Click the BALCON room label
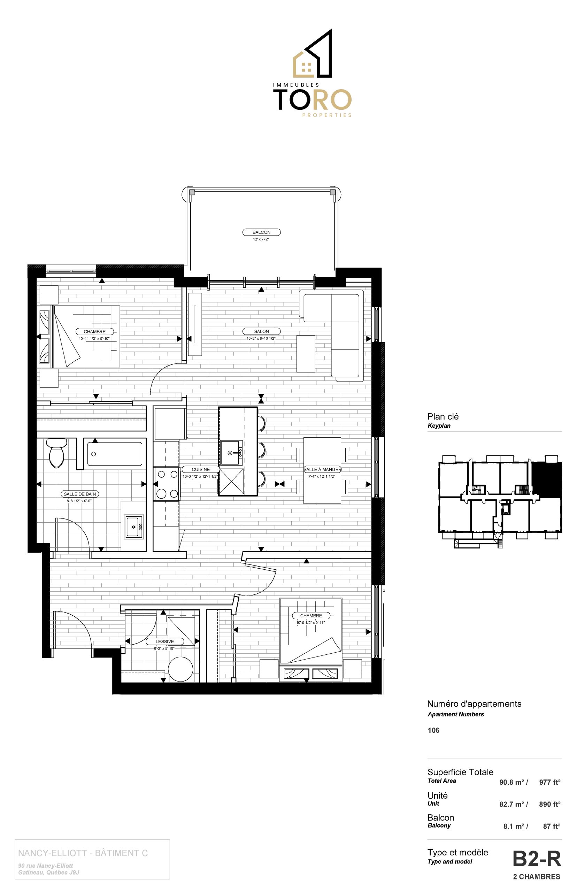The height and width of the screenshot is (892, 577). [261, 232]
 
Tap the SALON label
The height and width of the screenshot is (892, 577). [261, 331]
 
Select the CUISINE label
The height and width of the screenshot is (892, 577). [201, 469]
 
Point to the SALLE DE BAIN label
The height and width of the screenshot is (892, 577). [80, 494]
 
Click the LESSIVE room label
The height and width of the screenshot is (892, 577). [165, 641]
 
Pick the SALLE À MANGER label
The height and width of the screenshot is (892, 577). [322, 469]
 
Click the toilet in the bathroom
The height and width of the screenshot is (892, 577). [56, 453]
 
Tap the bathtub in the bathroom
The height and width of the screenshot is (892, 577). [115, 454]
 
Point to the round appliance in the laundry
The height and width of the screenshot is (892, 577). [180, 669]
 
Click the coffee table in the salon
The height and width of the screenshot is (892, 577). [306, 354]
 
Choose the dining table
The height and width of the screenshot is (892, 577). [322, 470]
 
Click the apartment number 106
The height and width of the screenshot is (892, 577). [433, 730]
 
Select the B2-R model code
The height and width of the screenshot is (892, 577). [537, 859]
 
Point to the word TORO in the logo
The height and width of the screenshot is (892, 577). [312, 100]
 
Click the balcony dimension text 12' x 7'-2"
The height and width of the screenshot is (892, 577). [261, 239]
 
